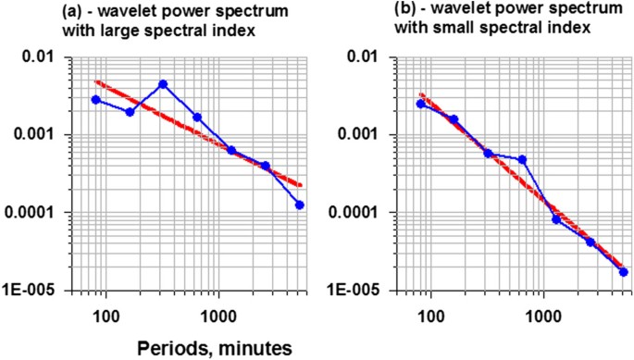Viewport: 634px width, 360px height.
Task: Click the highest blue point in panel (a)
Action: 163,84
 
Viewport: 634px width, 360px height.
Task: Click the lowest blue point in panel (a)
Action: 300,205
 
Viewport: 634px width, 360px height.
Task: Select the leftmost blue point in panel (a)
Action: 95,100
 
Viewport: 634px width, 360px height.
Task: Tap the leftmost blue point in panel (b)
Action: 420,104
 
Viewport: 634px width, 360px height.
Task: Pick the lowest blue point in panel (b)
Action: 624,272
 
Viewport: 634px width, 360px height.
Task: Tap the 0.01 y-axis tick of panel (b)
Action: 375,57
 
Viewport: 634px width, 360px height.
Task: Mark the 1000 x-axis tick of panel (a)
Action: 217,315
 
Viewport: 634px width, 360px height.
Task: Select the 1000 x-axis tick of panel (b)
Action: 541,315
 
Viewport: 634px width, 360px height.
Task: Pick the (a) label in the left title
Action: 77,11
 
